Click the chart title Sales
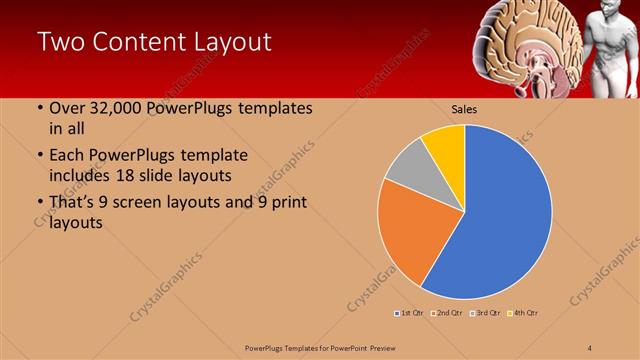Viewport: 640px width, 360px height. click(x=463, y=108)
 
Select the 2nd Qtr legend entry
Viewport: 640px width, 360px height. click(x=447, y=313)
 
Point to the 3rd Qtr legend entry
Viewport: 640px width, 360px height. click(x=484, y=313)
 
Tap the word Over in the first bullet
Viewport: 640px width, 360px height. click(x=67, y=108)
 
